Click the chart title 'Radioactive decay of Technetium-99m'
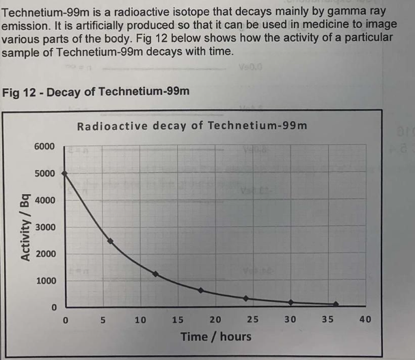[x=192, y=126]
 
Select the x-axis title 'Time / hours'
[x=215, y=336]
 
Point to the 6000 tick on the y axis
[x=46, y=147]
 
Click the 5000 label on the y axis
[x=46, y=174]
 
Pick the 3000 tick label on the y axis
[x=46, y=227]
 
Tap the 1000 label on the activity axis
[x=46, y=281]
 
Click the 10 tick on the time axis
[x=140, y=319]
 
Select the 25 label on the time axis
[x=252, y=319]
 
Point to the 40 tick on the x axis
[x=364, y=319]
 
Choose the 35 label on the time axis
[x=327, y=319]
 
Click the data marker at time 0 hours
[x=65, y=174]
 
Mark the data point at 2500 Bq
[x=110, y=241]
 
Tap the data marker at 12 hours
[x=155, y=274]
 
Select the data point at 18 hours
[x=200, y=290]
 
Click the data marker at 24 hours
[x=245, y=299]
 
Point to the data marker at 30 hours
[x=291, y=302]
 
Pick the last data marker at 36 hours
[x=335, y=304]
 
